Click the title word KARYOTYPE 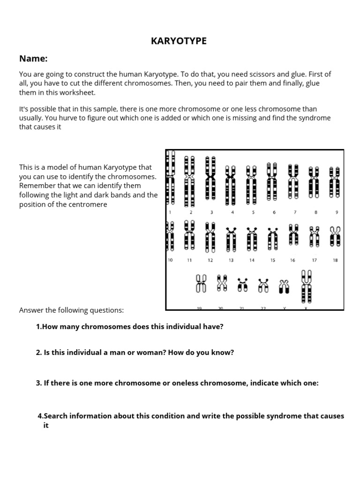(x=179, y=41)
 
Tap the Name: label (x=33, y=59)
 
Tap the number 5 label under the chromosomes (x=253, y=212)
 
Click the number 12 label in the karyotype (x=210, y=260)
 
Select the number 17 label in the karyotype (x=314, y=260)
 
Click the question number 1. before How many (x=39, y=326)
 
